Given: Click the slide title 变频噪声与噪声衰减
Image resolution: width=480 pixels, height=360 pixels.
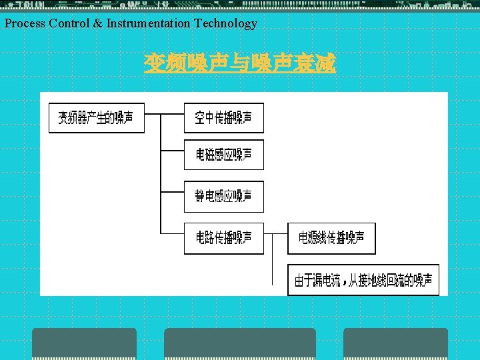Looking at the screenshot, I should coord(240,64).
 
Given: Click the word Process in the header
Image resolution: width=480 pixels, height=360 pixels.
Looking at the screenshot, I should coord(25,23).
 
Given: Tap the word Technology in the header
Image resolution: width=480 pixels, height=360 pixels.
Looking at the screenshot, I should coord(225,23).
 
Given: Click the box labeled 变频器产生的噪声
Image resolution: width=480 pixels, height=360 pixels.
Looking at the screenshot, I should coord(96,118).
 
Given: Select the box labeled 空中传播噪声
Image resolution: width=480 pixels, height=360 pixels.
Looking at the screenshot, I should coord(223,118).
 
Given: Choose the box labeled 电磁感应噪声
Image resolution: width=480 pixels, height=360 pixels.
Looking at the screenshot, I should coord(223,155).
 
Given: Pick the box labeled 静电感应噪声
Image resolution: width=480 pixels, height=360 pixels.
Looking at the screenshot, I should coord(223,196).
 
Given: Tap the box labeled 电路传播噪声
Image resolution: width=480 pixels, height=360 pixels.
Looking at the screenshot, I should coord(223,237).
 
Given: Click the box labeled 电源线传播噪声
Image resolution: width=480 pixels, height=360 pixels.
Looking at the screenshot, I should coord(331,237).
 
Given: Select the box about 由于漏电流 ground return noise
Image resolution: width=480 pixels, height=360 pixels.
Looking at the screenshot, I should coord(363,279).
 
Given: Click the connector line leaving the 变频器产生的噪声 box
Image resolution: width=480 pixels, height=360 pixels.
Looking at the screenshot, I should coord(153,114).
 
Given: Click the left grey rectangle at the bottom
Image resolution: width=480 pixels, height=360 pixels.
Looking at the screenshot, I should coord(84,343).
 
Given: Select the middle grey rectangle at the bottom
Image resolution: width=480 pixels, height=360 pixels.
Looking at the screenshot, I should coord(240,343).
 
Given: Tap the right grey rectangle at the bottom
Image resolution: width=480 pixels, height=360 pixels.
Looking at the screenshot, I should coord(395,343).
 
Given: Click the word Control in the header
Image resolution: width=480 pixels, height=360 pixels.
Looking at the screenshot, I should coord(67,23).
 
